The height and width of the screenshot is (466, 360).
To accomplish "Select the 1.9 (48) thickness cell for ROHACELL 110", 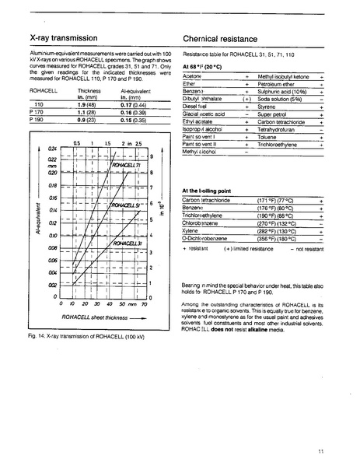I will point(86,103).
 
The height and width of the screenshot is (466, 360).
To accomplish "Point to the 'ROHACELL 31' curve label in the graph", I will point(126,244).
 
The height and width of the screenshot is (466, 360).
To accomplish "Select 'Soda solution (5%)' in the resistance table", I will point(279,100).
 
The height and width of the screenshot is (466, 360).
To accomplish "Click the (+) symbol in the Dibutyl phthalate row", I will point(246,100).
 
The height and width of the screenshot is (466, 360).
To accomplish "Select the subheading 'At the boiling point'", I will point(206,190).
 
